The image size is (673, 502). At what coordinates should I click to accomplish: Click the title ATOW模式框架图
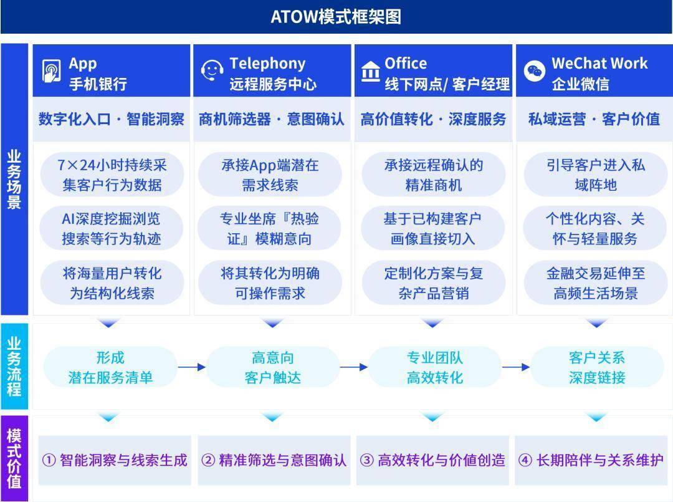tap(336, 17)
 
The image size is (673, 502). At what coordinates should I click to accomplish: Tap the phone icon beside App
tap(51, 71)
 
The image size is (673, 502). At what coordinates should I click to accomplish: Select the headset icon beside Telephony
tap(212, 70)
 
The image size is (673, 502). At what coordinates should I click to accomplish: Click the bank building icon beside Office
tap(370, 71)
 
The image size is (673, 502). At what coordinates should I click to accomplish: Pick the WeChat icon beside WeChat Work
tap(535, 71)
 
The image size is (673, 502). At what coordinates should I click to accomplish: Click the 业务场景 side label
tap(14, 179)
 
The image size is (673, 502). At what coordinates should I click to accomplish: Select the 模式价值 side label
tap(14, 458)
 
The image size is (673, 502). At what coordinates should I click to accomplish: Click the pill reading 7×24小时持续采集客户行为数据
tap(112, 175)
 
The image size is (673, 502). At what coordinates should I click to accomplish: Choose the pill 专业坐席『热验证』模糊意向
tap(270, 228)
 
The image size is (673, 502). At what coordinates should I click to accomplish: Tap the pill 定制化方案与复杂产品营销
tap(434, 283)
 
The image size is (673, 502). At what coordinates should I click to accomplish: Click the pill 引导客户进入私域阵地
tap(596, 175)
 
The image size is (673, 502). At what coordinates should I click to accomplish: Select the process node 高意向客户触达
tap(272, 367)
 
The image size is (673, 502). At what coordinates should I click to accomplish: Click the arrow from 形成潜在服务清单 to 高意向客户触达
tap(192, 367)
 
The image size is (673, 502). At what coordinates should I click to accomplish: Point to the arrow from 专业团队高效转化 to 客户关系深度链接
tap(516, 367)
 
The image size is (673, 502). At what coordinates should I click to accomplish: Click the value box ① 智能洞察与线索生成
tap(115, 460)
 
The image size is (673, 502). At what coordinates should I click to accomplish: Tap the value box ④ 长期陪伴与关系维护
tap(591, 460)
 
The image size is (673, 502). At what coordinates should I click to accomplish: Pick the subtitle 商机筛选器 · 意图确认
tap(271, 119)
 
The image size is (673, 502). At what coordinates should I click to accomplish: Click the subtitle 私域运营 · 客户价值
tap(594, 119)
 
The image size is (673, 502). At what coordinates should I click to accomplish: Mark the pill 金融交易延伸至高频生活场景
tap(596, 283)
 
